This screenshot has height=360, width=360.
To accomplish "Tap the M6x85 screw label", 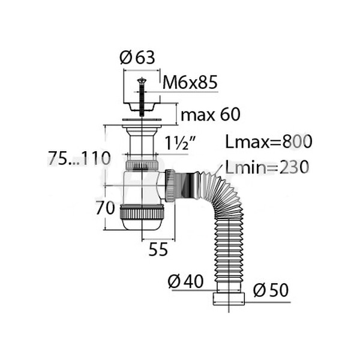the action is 190,83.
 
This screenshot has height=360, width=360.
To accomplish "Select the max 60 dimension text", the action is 211,115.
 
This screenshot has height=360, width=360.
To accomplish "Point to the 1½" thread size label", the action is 180,143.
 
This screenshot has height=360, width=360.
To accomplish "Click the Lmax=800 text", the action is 269,142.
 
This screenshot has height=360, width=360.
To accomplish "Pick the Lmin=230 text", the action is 267,167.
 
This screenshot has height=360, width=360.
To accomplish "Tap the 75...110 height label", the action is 79,158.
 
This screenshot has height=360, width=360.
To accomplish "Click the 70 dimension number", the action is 105,208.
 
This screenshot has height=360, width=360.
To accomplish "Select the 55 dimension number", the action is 158,250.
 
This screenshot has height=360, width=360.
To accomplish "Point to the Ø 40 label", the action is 186,281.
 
